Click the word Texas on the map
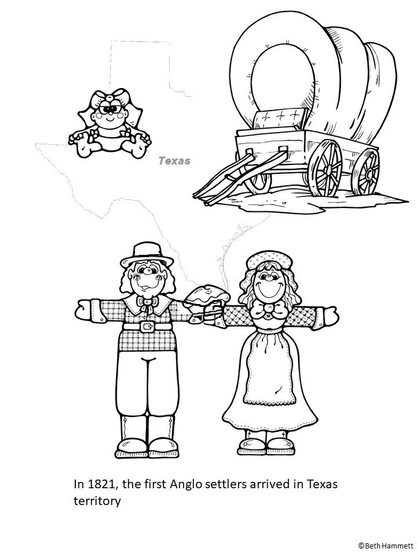[174, 161]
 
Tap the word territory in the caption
[97, 500]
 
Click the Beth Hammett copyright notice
[385, 545]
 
